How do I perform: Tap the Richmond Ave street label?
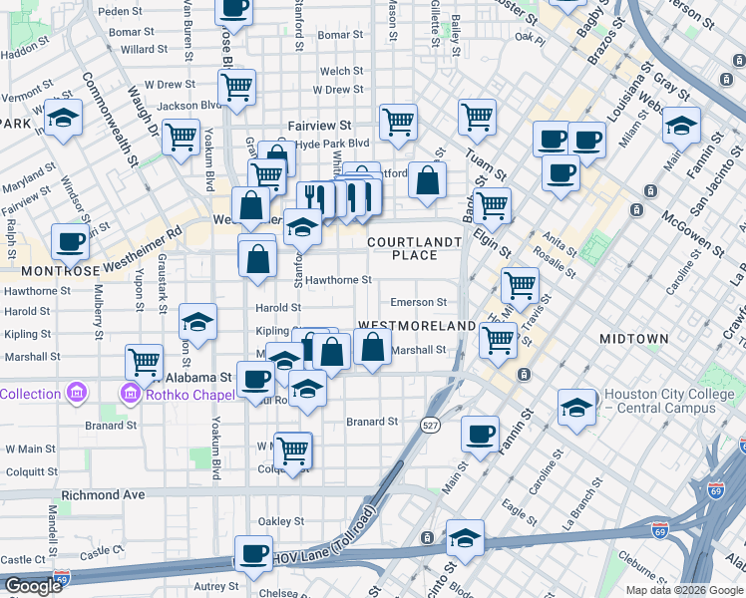click(x=104, y=494)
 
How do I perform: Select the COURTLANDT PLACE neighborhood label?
click(x=414, y=248)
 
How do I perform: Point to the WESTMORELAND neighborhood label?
click(x=416, y=326)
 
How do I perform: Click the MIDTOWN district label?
click(x=633, y=339)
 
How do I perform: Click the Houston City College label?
click(x=670, y=401)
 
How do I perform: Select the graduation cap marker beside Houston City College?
click(x=577, y=408)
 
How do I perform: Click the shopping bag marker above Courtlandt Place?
click(x=427, y=181)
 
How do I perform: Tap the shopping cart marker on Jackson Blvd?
click(x=237, y=88)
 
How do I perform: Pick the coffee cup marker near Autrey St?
click(x=253, y=553)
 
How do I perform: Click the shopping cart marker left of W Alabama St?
click(x=145, y=361)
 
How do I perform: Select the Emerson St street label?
click(x=418, y=302)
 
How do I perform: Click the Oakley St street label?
click(x=280, y=521)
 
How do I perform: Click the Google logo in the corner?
click(x=32, y=586)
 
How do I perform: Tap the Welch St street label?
click(x=341, y=72)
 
